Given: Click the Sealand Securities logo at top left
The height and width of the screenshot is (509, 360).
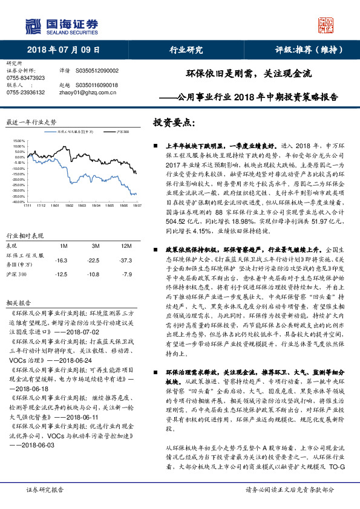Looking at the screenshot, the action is tap(61, 25).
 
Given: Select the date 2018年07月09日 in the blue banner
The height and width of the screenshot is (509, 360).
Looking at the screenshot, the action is tap(63, 51).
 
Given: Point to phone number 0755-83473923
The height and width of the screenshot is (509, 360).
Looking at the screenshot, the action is tap(25, 78).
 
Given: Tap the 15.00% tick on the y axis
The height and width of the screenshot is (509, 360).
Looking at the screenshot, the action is tap(18, 140).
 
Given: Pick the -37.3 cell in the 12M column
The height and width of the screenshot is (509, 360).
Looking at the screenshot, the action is tap(126, 243).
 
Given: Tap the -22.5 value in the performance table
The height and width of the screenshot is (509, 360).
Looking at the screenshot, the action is tap(94, 243).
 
